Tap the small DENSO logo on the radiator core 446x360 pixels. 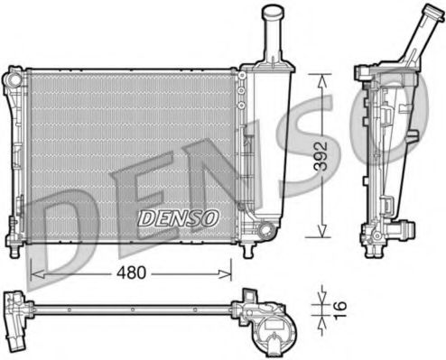[178, 217]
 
